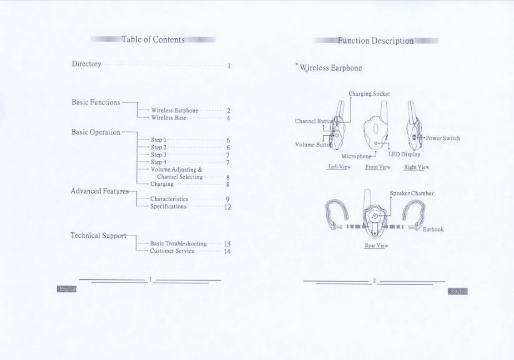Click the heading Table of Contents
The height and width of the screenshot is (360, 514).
(153, 40)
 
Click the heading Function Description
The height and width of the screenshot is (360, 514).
(376, 41)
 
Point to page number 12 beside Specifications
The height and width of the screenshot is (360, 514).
(227, 207)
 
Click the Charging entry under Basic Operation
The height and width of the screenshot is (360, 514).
(162, 184)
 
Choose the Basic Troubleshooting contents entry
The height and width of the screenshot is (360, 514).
(178, 244)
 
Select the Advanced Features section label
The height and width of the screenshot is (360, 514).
(98, 191)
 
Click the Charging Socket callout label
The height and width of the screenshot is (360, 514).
(369, 94)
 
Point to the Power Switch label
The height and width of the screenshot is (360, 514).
(443, 138)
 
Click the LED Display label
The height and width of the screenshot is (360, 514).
(405, 154)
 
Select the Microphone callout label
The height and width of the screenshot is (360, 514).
(356, 156)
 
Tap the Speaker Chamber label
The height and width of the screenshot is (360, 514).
(412, 193)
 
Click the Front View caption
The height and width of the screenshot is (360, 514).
(377, 167)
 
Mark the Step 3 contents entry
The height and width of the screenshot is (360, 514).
(159, 154)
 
